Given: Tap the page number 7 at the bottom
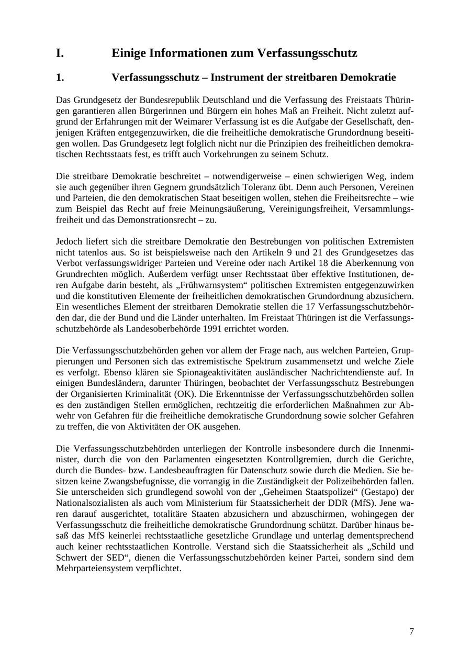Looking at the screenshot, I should [x=411, y=631].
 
